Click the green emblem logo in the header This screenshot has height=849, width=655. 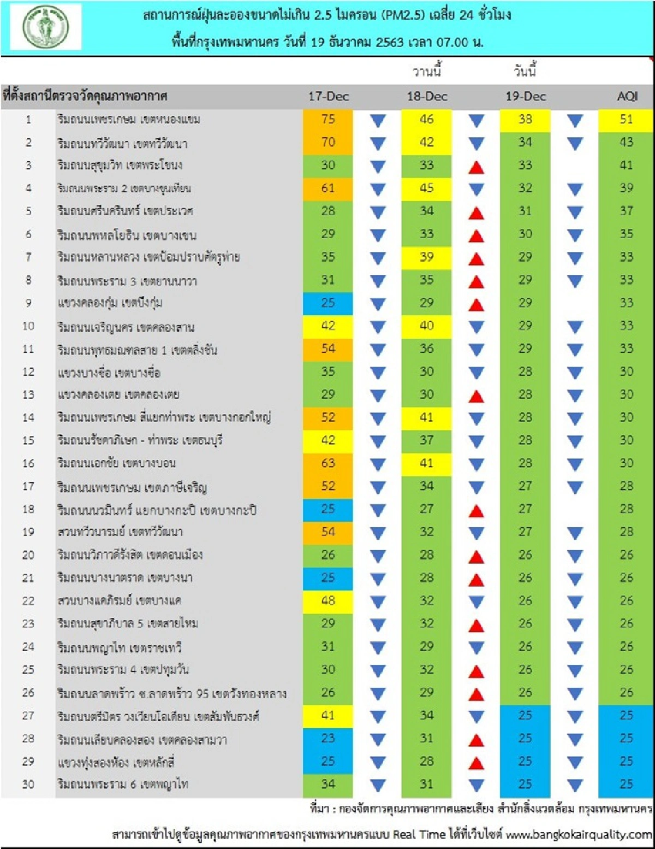tap(46, 27)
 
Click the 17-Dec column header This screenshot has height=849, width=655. tap(328, 97)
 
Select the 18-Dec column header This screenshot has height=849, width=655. tap(427, 97)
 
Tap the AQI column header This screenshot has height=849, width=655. tap(627, 97)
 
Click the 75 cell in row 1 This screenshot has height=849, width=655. tap(328, 120)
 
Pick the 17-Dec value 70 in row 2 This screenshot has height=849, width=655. tap(328, 143)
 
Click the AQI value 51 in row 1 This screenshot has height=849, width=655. tap(626, 120)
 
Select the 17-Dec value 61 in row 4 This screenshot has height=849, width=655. tap(328, 188)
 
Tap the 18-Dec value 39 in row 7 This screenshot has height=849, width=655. tap(427, 257)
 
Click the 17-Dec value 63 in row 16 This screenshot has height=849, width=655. tap(328, 463)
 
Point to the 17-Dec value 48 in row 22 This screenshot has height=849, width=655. tap(328, 601)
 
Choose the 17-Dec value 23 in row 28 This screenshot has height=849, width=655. tap(328, 739)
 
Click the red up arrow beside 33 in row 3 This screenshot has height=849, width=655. tap(477, 167)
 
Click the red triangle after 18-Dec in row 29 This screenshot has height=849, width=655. tap(477, 763)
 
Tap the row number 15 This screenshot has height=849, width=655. tap(28, 440)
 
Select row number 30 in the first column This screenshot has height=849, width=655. tap(28, 785)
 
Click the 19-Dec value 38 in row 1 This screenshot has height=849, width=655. tap(525, 120)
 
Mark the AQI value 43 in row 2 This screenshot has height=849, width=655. tap(626, 143)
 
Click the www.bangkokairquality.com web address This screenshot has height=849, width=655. tap(579, 834)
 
